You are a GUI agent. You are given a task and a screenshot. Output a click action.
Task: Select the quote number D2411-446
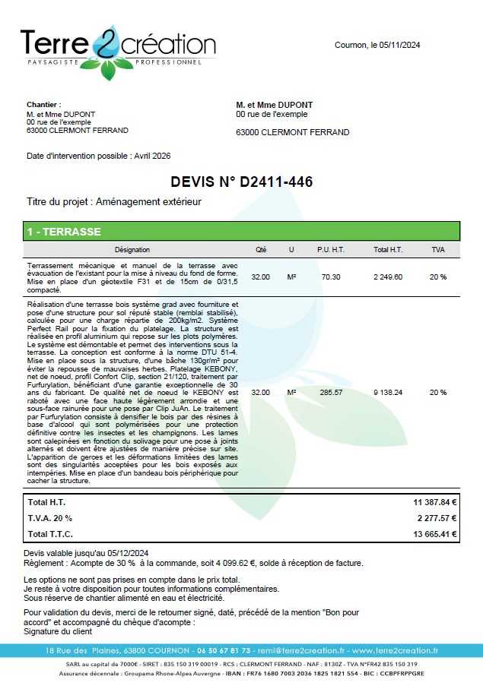tap(276, 182)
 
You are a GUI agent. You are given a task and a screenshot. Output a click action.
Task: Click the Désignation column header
tap(132, 250)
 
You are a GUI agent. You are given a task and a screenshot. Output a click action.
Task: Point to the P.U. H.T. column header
tap(331, 250)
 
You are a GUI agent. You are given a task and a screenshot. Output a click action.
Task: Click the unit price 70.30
tap(331, 277)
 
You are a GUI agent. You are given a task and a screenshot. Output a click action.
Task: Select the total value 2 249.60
tap(388, 277)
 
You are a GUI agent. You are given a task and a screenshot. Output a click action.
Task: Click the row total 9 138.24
tap(388, 393)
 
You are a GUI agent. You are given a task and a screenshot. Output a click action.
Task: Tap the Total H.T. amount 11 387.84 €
tap(435, 503)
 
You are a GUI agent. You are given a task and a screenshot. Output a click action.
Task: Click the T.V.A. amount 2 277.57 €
tap(437, 518)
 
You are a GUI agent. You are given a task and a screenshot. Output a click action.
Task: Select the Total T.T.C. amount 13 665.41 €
tap(435, 534)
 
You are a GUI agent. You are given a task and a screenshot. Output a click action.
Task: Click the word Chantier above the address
tap(43, 105)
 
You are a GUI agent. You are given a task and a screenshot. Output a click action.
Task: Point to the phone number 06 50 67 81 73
tap(223, 651)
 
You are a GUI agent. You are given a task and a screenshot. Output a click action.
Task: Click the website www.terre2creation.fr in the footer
tap(395, 651)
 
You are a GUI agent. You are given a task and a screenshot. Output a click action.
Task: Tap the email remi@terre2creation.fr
tap(301, 651)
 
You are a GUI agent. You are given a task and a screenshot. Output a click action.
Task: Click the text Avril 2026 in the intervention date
tap(152, 156)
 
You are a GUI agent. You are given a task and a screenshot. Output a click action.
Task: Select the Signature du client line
tap(58, 631)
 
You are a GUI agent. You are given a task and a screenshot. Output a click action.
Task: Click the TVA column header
tap(438, 250)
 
